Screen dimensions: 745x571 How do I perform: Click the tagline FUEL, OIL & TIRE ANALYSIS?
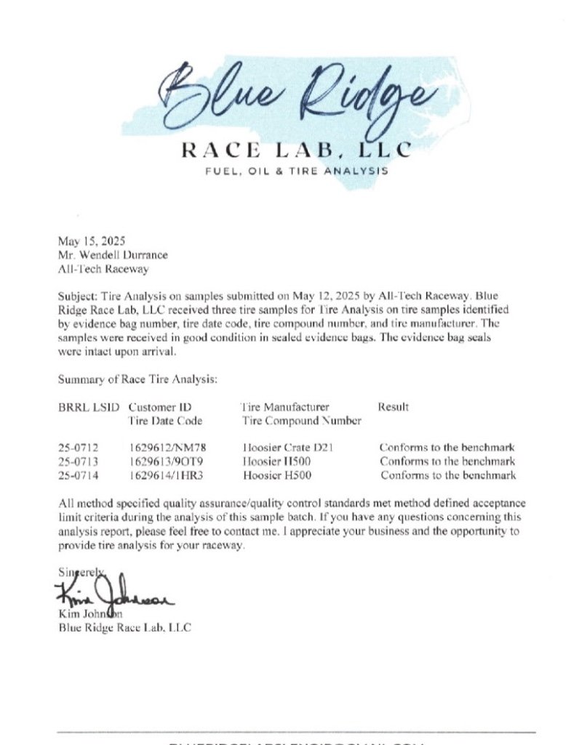click(x=287, y=172)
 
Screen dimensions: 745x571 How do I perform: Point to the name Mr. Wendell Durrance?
click(x=112, y=254)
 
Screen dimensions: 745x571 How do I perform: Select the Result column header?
click(x=393, y=407)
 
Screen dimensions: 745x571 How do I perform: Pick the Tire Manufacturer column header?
click(x=284, y=407)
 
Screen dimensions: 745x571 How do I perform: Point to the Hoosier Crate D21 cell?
click(x=288, y=448)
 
